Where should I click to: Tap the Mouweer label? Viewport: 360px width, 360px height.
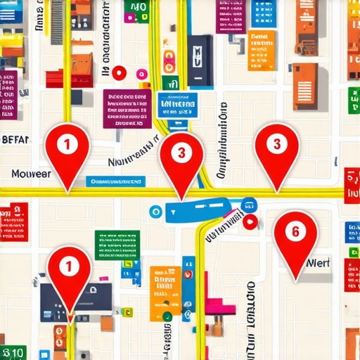(x=31, y=173)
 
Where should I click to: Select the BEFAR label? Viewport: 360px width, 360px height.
(x=15, y=139)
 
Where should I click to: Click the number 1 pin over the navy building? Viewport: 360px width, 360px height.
(x=69, y=271)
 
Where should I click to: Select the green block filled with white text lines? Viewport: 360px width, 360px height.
(x=117, y=244)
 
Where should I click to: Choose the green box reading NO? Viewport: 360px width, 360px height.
(x=136, y=9)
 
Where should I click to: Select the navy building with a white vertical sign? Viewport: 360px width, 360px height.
(x=200, y=60)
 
